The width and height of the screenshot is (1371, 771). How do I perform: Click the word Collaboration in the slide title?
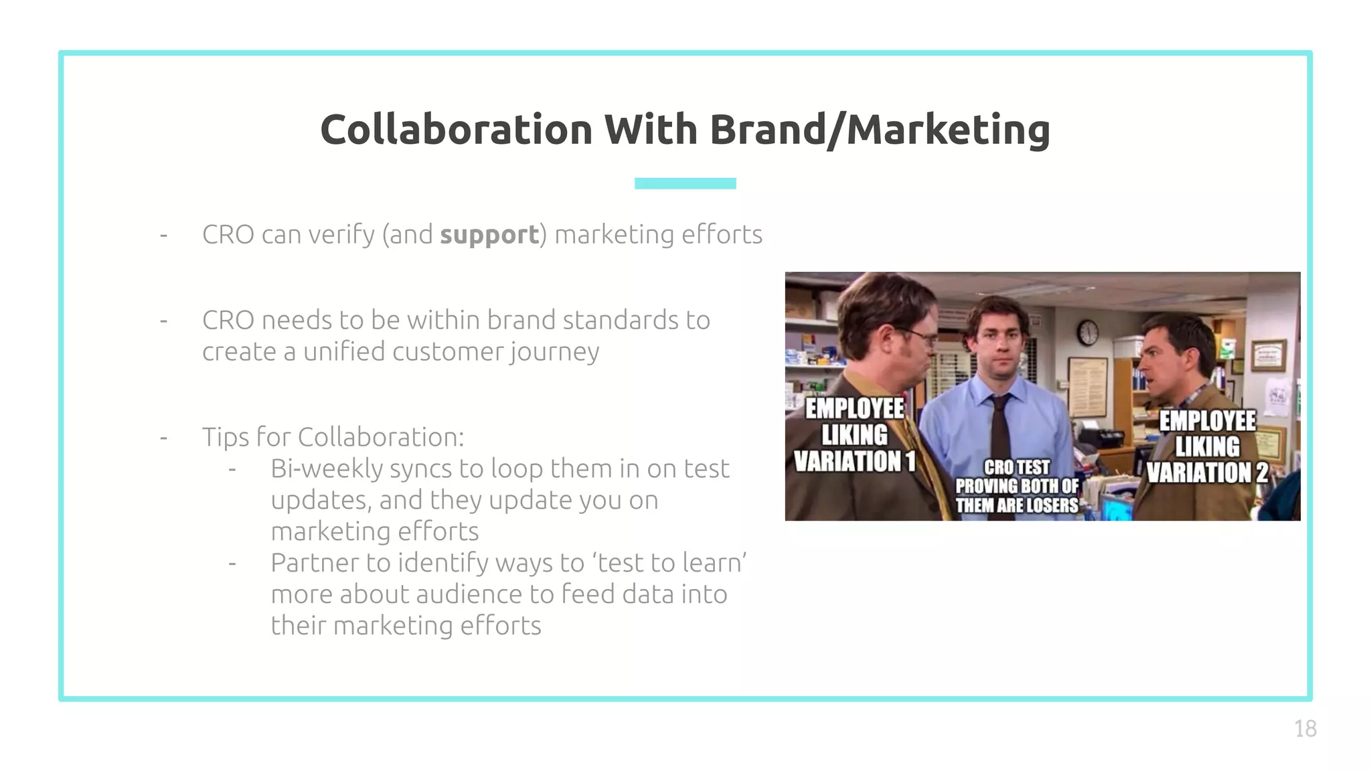[x=456, y=129]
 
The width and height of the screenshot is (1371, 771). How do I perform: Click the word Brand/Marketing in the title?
[x=879, y=131]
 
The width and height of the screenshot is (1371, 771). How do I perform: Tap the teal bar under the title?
[x=685, y=183]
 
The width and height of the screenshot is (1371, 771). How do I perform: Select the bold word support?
[x=489, y=235]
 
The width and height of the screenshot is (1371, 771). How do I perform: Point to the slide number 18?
[x=1305, y=728]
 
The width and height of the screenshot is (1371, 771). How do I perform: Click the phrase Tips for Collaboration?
[x=333, y=437]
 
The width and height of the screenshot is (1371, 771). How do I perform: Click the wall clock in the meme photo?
[x=1088, y=333]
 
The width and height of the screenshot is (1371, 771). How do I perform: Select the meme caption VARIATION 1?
[x=854, y=461]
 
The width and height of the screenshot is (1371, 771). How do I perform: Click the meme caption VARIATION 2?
[x=1207, y=473]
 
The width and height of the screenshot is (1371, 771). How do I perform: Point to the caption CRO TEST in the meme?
[x=1016, y=466]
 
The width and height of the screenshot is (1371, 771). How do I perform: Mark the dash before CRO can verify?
[x=163, y=235]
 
